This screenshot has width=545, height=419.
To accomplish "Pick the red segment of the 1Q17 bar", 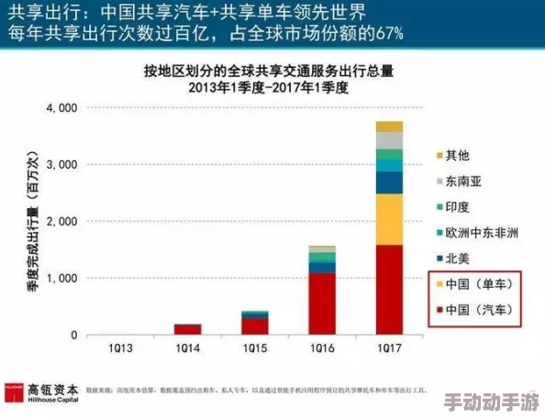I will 389,290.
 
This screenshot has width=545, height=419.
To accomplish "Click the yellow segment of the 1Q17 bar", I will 389,219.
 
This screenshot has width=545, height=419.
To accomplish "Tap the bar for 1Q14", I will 187,329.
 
